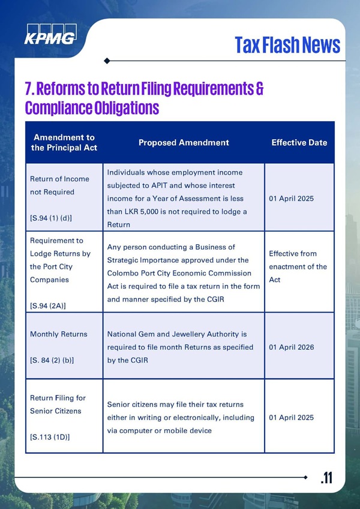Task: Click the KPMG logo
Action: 50,35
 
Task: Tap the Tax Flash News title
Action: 287,44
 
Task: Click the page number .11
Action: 326,478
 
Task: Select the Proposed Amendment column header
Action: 184,143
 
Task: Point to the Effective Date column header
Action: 299,143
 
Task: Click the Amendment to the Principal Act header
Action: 64,143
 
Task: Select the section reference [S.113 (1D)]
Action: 50,437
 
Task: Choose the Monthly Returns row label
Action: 58,334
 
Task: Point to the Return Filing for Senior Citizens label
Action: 58,405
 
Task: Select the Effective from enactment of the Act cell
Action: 298,267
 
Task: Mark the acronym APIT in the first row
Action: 170,185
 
